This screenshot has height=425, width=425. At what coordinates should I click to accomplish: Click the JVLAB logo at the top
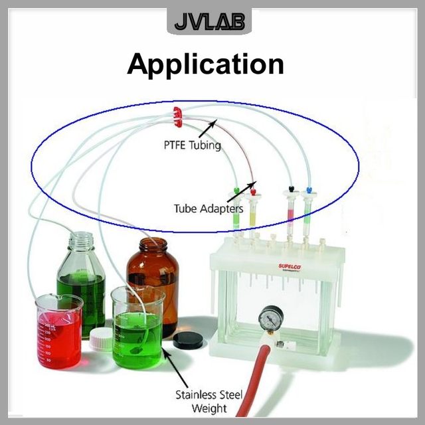(x=209, y=23)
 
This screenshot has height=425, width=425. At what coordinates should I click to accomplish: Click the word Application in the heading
(x=206, y=64)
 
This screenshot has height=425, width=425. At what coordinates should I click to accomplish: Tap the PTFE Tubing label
(x=193, y=145)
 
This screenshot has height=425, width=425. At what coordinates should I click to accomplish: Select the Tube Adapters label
(x=209, y=209)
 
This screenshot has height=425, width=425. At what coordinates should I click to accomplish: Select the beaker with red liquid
(x=59, y=331)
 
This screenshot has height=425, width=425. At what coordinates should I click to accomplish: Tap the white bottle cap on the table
(x=101, y=339)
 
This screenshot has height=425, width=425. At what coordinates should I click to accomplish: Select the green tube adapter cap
(x=237, y=190)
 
